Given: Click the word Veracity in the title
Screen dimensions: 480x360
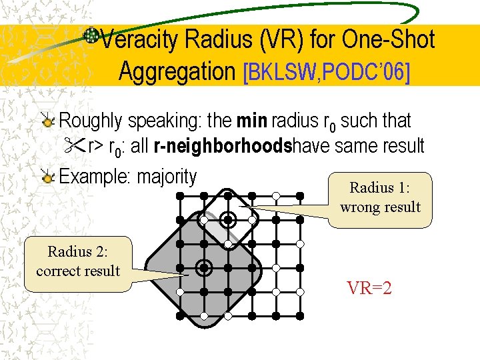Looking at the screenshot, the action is pyautogui.click(x=139, y=40).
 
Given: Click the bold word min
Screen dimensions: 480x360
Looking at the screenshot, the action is pyautogui.click(x=251, y=121).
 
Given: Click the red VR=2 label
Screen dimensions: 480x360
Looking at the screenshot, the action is pyautogui.click(x=369, y=289).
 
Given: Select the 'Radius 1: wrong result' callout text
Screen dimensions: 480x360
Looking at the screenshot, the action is pyautogui.click(x=380, y=197).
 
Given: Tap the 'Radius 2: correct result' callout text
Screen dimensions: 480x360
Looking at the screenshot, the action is pyautogui.click(x=78, y=261).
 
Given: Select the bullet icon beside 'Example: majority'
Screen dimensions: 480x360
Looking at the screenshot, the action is pyautogui.click(x=47, y=177).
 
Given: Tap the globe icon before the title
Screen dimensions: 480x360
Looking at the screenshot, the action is pyautogui.click(x=91, y=35).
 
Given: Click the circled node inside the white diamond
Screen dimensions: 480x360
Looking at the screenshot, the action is pyautogui.click(x=228, y=219).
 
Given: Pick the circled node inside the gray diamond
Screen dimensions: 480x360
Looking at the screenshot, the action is pyautogui.click(x=204, y=268).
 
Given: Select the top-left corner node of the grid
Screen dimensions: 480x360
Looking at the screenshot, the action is pyautogui.click(x=180, y=195).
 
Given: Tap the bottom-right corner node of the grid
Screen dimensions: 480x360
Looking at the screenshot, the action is pyautogui.click(x=300, y=315).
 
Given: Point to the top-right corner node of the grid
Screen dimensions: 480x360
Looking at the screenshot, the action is pyautogui.click(x=300, y=195).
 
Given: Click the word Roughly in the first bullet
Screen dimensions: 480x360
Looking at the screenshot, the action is pyautogui.click(x=91, y=121).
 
